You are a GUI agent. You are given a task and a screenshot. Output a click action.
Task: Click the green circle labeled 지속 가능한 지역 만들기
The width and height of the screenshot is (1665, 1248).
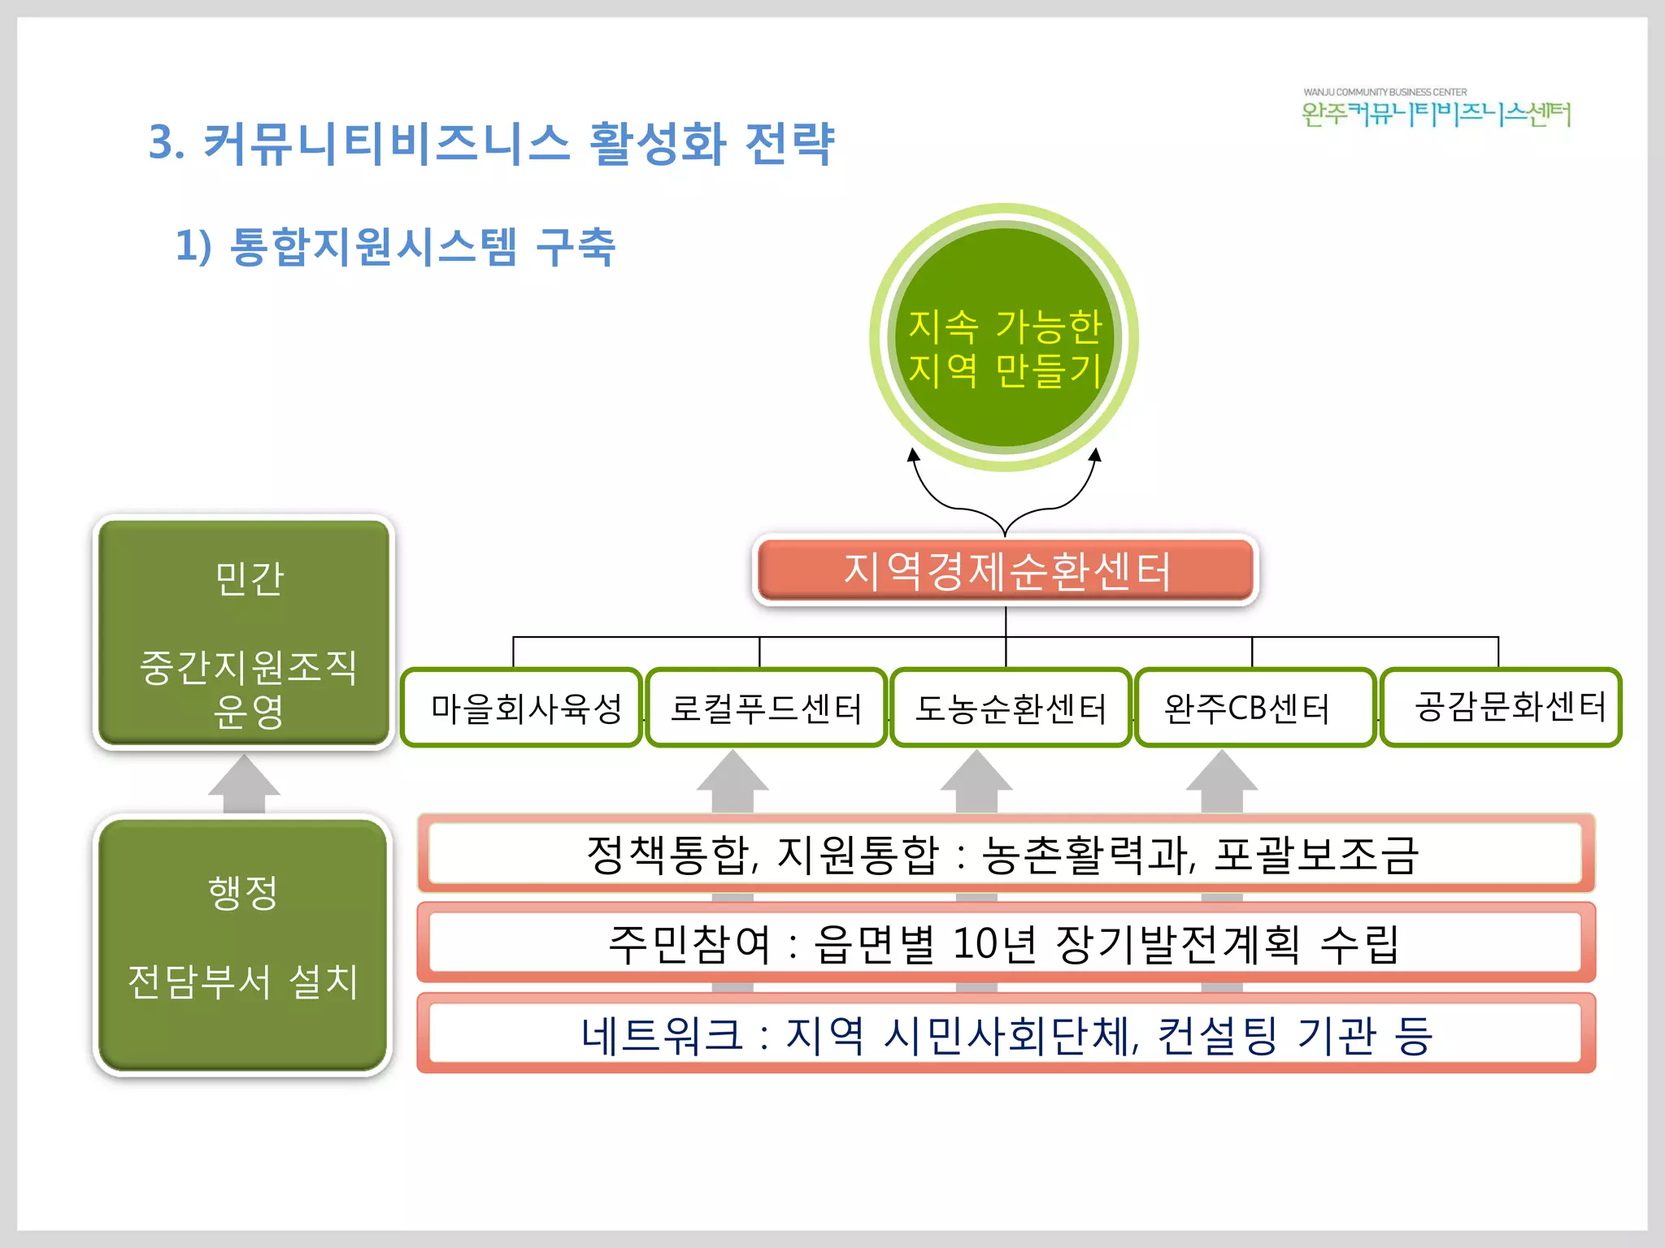click(1004, 337)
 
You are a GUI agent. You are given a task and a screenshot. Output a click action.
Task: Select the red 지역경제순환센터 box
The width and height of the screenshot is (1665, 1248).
click(1006, 570)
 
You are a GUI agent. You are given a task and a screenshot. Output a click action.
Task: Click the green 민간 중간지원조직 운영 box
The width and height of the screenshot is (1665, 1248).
click(244, 632)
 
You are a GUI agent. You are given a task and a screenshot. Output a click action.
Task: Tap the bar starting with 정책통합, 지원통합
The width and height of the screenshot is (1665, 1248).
click(1005, 853)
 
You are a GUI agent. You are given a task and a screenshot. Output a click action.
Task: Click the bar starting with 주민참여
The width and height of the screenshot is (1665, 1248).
click(1005, 943)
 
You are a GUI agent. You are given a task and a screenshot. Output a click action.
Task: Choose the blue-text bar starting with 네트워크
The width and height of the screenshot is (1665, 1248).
click(1005, 1033)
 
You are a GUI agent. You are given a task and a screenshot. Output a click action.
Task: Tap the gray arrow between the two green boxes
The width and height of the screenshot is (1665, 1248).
click(244, 784)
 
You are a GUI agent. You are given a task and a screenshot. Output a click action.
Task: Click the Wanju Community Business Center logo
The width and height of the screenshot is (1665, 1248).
click(1436, 109)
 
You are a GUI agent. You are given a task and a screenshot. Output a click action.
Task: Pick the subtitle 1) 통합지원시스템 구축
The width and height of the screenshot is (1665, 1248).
click(395, 246)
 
